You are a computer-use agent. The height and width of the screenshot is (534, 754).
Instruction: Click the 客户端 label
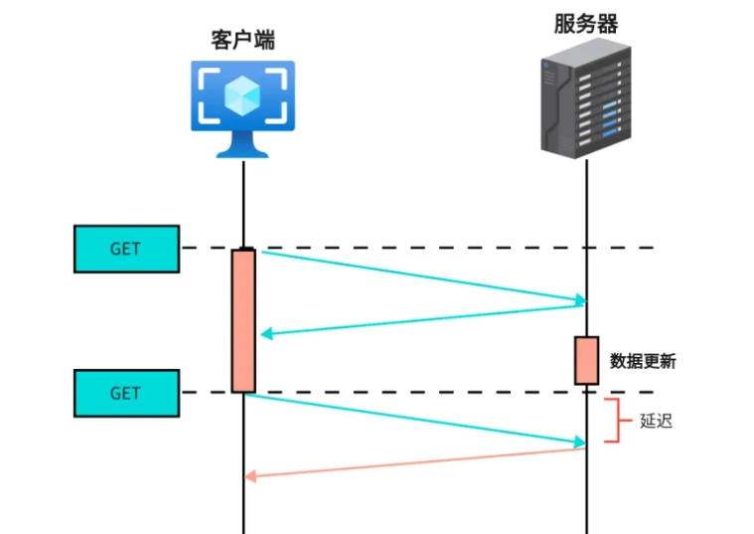pos(243,41)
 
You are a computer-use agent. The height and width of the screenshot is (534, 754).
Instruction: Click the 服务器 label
pos(586,25)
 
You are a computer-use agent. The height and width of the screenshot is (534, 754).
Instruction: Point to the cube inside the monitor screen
pos(243,95)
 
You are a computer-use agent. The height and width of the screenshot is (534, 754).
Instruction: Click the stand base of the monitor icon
pos(243,151)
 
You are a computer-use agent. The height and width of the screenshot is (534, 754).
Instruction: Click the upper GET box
pos(126,249)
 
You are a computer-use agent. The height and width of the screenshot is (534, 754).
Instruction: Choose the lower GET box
pos(126,393)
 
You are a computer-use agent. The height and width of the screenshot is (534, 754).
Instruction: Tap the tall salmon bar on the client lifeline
pos(243,320)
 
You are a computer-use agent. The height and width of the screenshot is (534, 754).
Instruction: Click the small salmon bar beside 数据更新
pos(586,360)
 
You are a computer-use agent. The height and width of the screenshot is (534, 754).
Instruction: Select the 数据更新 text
pos(643,361)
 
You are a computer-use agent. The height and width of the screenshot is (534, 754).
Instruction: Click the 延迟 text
pos(656,421)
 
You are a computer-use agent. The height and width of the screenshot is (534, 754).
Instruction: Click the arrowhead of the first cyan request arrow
pos(579,300)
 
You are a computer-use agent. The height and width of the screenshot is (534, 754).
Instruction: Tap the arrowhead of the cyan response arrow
pos(265,334)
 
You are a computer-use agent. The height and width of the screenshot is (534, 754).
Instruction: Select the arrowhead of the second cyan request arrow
pos(579,443)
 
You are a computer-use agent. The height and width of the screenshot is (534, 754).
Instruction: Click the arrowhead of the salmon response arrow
pos(251,477)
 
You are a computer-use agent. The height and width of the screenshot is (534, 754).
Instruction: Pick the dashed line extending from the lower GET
pos(417,392)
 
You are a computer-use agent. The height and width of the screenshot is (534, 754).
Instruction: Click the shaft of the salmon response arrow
pos(417,463)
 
